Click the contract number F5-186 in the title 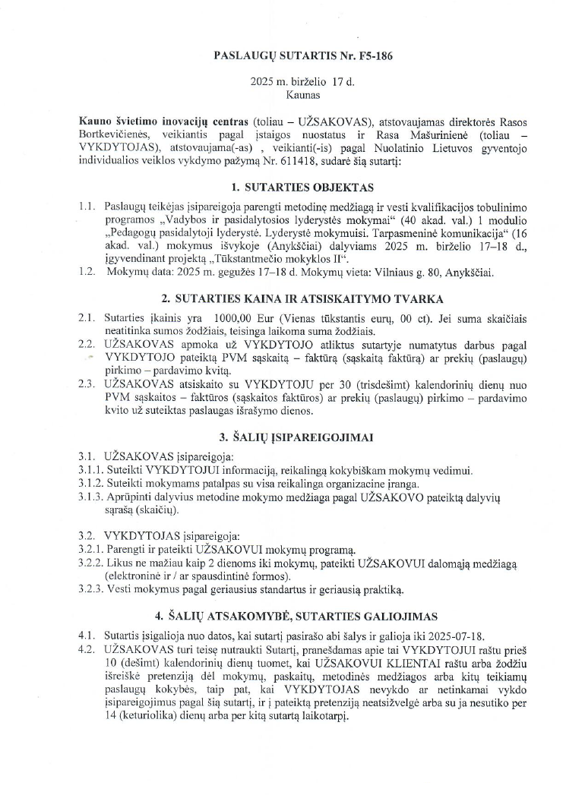374,56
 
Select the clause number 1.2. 86,273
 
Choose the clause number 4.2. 86,649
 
